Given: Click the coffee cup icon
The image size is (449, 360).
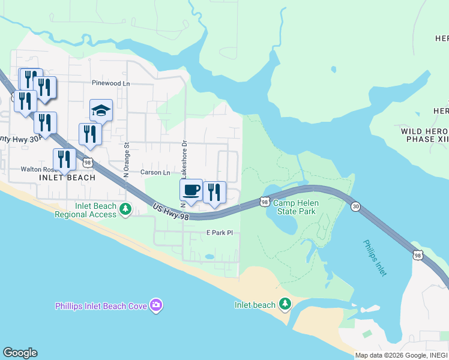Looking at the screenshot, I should coord(191,190).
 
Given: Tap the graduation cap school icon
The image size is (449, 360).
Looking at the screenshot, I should coord(101,110).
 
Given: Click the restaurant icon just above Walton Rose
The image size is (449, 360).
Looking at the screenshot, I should coord(64,160).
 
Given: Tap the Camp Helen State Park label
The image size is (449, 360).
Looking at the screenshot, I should coord(296,208).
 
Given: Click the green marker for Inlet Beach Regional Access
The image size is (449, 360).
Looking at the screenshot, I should coord(125,209).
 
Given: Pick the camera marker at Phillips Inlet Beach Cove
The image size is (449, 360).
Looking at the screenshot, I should coord(156,305).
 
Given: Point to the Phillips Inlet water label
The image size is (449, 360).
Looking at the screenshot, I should coord(375,258).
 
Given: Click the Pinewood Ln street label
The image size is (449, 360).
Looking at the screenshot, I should coord(110,83).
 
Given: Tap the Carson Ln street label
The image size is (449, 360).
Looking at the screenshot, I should coord(155,172).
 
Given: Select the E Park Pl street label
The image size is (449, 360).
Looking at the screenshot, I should coord(219,232).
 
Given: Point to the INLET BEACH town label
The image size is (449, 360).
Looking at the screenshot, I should coord(67,178).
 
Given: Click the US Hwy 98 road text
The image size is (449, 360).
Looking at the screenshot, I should coord(170,211).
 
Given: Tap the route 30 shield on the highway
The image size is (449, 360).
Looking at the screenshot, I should coord(356,206).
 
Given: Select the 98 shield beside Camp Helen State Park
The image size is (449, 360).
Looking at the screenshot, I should coord(264,202).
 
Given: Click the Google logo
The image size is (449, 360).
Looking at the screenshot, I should coord(20,353).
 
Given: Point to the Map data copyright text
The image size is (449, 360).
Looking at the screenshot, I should coord(400,355).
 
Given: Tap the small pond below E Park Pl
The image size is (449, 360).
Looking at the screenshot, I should coord(209,256).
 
